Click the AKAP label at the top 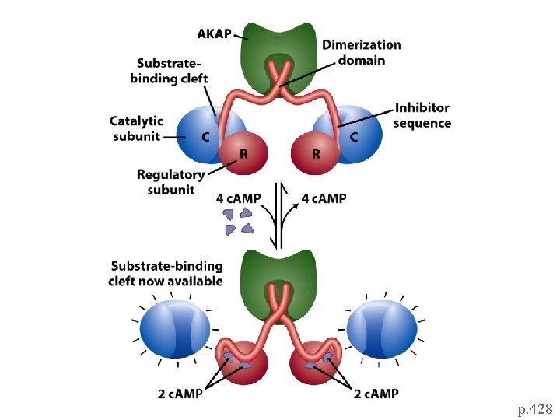point(215,34)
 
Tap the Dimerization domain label point(362,53)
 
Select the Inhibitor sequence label point(422,115)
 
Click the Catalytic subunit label point(136,128)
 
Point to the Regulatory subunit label point(170,182)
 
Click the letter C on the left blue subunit point(205,137)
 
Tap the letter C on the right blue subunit point(354,137)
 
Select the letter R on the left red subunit point(243,154)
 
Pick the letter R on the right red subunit point(316,154)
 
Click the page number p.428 point(535,408)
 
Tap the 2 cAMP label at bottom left point(180,394)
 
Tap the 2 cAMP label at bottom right point(376,394)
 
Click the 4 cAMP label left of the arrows point(238,198)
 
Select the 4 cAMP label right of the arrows point(324,198)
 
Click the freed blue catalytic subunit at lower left point(175,329)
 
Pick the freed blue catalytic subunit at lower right point(382,329)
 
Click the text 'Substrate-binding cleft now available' point(166,274)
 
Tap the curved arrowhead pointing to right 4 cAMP point(296,205)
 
